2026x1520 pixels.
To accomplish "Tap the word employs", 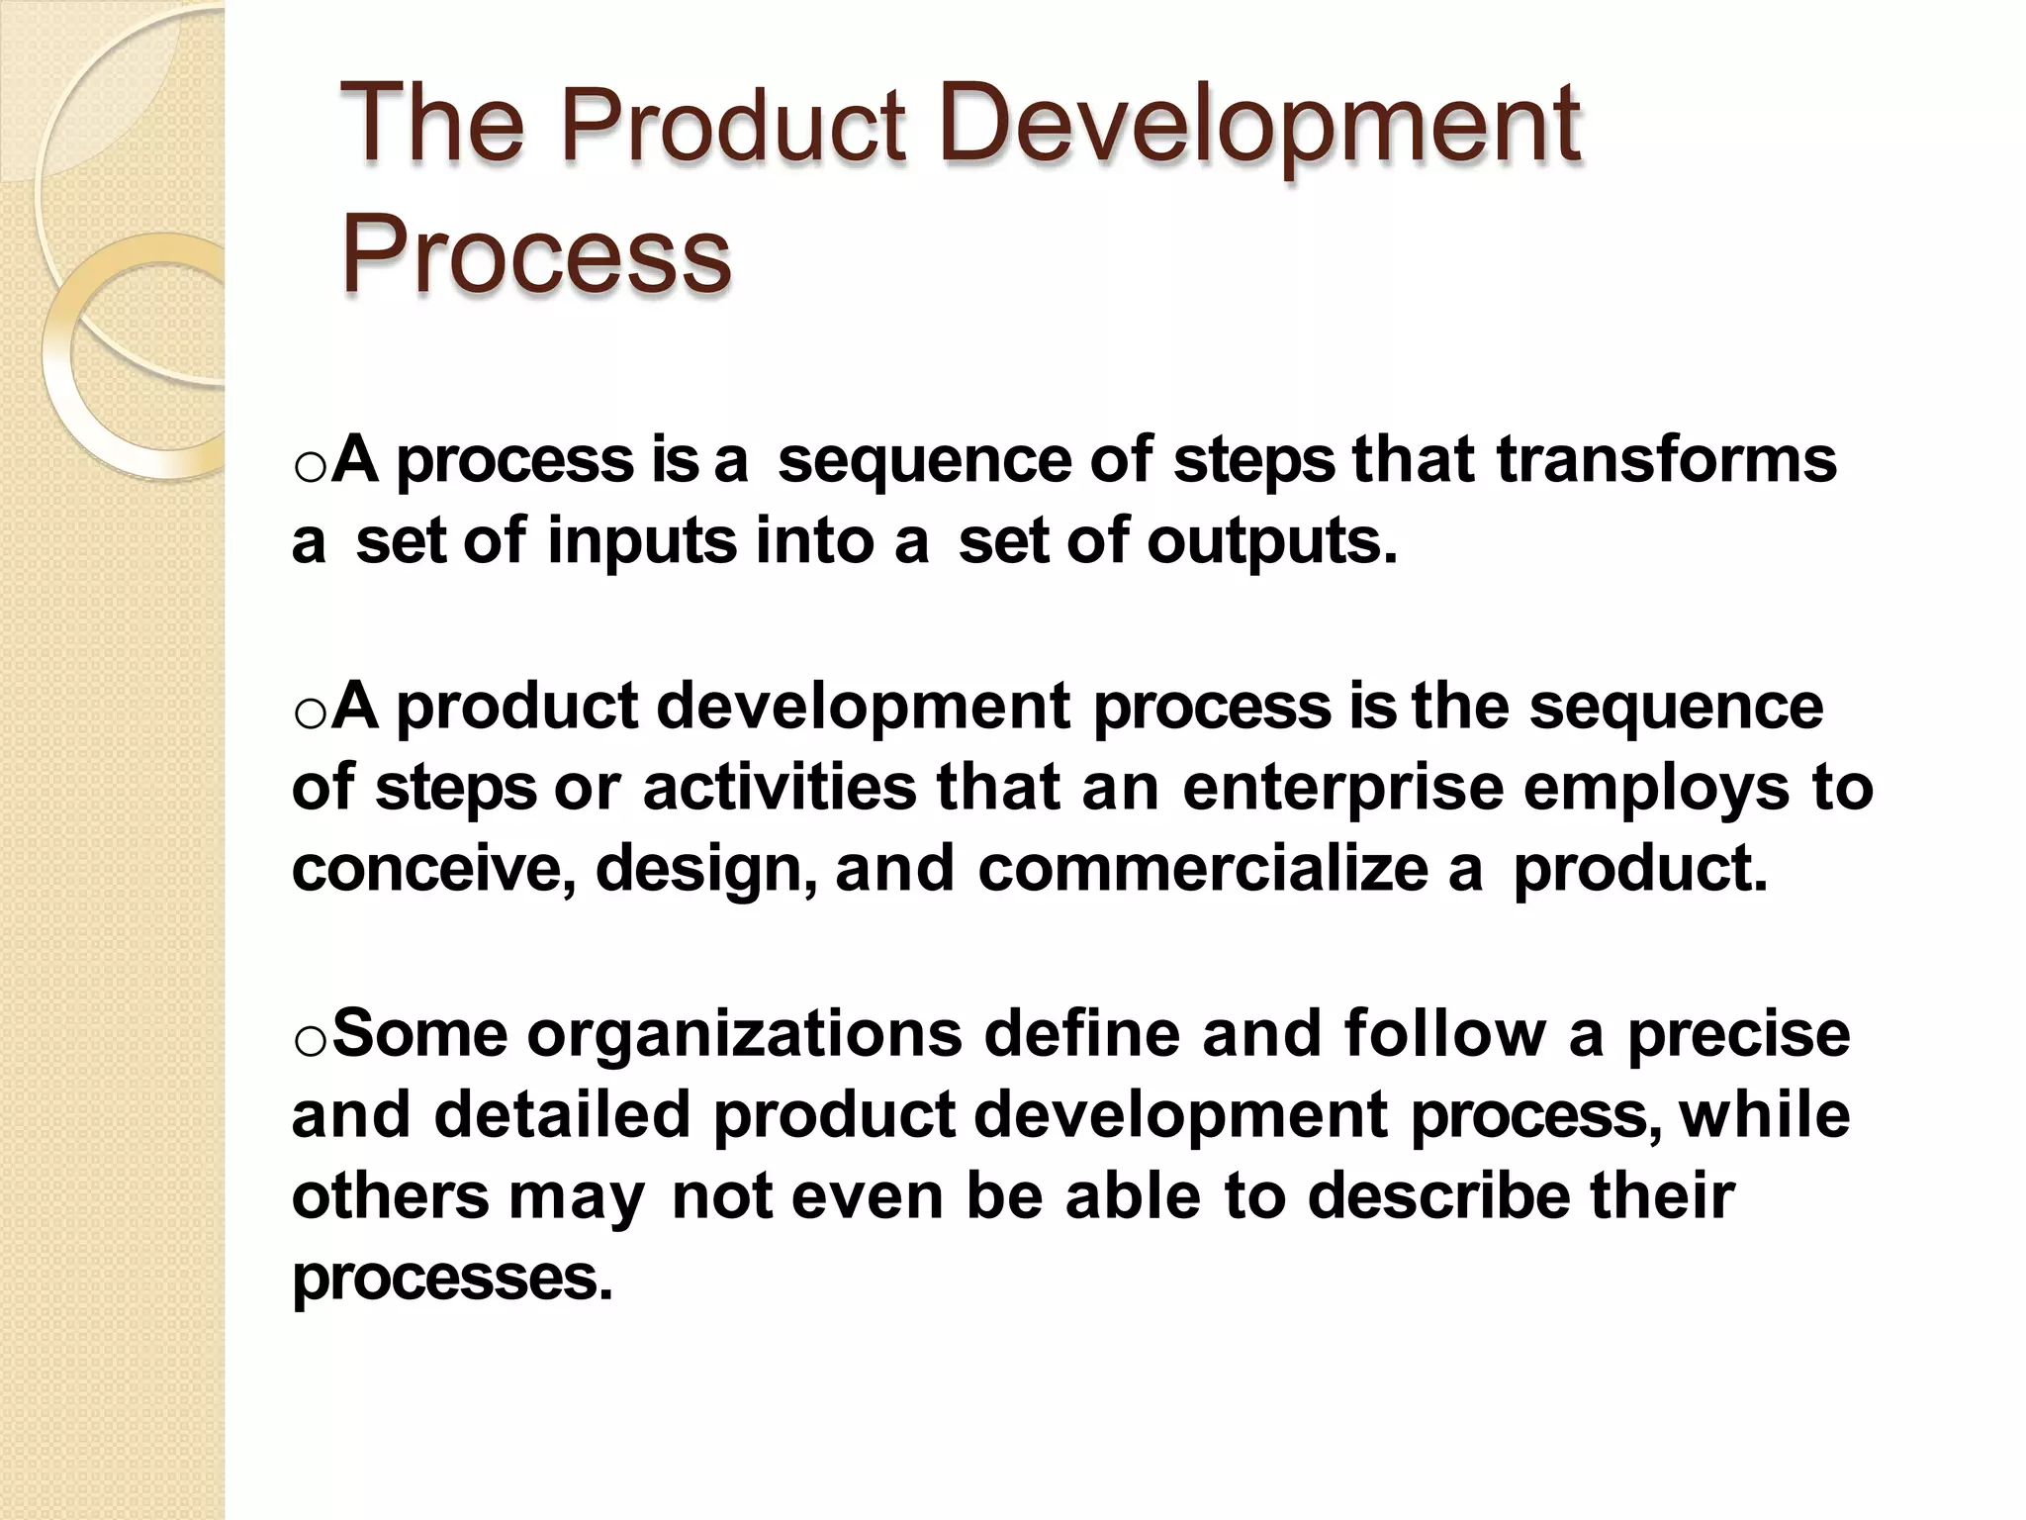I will [1656, 790].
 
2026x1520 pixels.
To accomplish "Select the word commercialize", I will [1201, 868].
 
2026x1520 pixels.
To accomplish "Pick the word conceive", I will [433, 868].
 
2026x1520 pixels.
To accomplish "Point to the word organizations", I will [744, 1035].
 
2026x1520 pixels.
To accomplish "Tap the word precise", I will [1738, 1035].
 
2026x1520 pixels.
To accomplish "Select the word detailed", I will [561, 1114].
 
